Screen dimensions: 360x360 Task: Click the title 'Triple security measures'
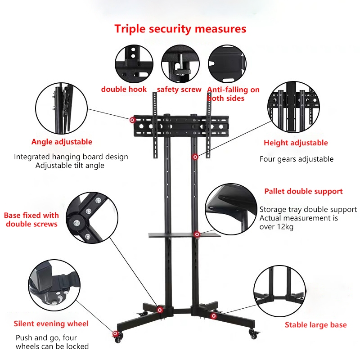click(x=180, y=29)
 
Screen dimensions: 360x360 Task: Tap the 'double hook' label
click(x=124, y=89)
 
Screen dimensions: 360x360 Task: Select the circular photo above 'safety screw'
click(x=180, y=63)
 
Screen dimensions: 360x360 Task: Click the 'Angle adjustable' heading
click(x=62, y=142)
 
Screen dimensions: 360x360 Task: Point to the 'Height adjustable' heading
click(x=296, y=143)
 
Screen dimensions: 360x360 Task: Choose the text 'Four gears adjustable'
click(x=297, y=159)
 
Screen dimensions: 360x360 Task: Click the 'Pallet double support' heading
click(x=303, y=191)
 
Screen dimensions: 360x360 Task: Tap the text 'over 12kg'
click(x=276, y=227)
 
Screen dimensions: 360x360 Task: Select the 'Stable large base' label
click(x=316, y=325)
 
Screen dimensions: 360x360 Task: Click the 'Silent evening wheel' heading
click(x=51, y=324)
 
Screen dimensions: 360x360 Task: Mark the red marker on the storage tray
click(x=197, y=234)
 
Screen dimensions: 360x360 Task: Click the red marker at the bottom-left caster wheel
click(x=116, y=333)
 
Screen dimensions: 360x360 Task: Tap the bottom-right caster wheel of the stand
click(x=253, y=334)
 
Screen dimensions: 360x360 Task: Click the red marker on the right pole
click(x=195, y=157)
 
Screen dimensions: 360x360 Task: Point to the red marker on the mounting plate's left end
click(x=132, y=120)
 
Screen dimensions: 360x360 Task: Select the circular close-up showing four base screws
click(x=92, y=218)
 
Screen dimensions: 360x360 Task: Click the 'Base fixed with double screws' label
click(x=31, y=220)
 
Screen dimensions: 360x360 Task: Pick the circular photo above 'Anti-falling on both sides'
click(x=227, y=63)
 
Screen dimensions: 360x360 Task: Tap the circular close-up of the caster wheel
click(x=54, y=285)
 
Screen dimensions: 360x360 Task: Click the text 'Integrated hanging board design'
click(x=71, y=157)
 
